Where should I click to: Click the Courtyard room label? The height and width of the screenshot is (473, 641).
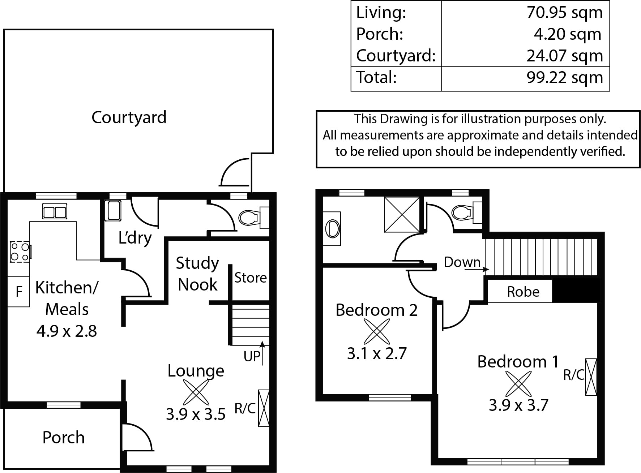tap(129, 118)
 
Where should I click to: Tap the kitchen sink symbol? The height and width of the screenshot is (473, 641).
tap(55, 211)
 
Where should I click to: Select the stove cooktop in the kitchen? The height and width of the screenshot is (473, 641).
tap(20, 251)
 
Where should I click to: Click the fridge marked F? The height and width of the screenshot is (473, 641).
tap(19, 291)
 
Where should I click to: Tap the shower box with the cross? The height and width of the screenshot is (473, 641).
tap(402, 214)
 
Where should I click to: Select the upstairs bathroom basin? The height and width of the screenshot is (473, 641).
tap(332, 229)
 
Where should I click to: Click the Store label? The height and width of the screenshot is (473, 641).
tap(251, 278)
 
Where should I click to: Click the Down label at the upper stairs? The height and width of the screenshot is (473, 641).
tap(462, 262)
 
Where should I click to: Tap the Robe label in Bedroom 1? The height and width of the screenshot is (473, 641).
tap(523, 292)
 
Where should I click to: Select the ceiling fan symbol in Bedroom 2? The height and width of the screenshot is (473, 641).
tap(376, 332)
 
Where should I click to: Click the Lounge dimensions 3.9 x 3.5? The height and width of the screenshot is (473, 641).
tap(196, 414)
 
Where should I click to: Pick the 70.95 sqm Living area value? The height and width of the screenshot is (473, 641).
tap(565, 13)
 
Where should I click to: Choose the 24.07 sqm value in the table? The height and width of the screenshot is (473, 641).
tap(565, 56)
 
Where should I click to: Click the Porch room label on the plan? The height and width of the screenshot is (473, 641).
tap(64, 438)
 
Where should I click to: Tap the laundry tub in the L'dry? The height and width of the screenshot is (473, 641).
tap(113, 211)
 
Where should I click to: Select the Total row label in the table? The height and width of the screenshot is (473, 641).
tap(376, 78)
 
